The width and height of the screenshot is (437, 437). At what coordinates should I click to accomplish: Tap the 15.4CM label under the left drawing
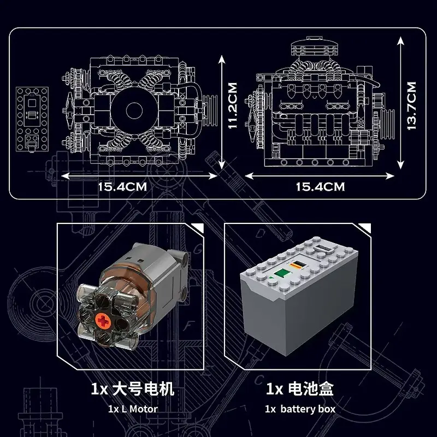pyautogui.click(x=122, y=186)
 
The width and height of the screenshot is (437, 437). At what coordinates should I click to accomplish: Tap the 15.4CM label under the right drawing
pyautogui.click(x=321, y=186)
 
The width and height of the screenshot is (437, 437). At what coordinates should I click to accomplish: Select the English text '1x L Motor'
pyautogui.click(x=132, y=409)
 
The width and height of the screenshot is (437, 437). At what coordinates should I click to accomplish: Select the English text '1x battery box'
pyautogui.click(x=300, y=409)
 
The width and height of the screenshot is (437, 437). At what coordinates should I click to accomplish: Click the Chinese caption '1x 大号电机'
pyautogui.click(x=132, y=389)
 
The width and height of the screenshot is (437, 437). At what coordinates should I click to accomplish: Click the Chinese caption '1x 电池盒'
pyautogui.click(x=300, y=389)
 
